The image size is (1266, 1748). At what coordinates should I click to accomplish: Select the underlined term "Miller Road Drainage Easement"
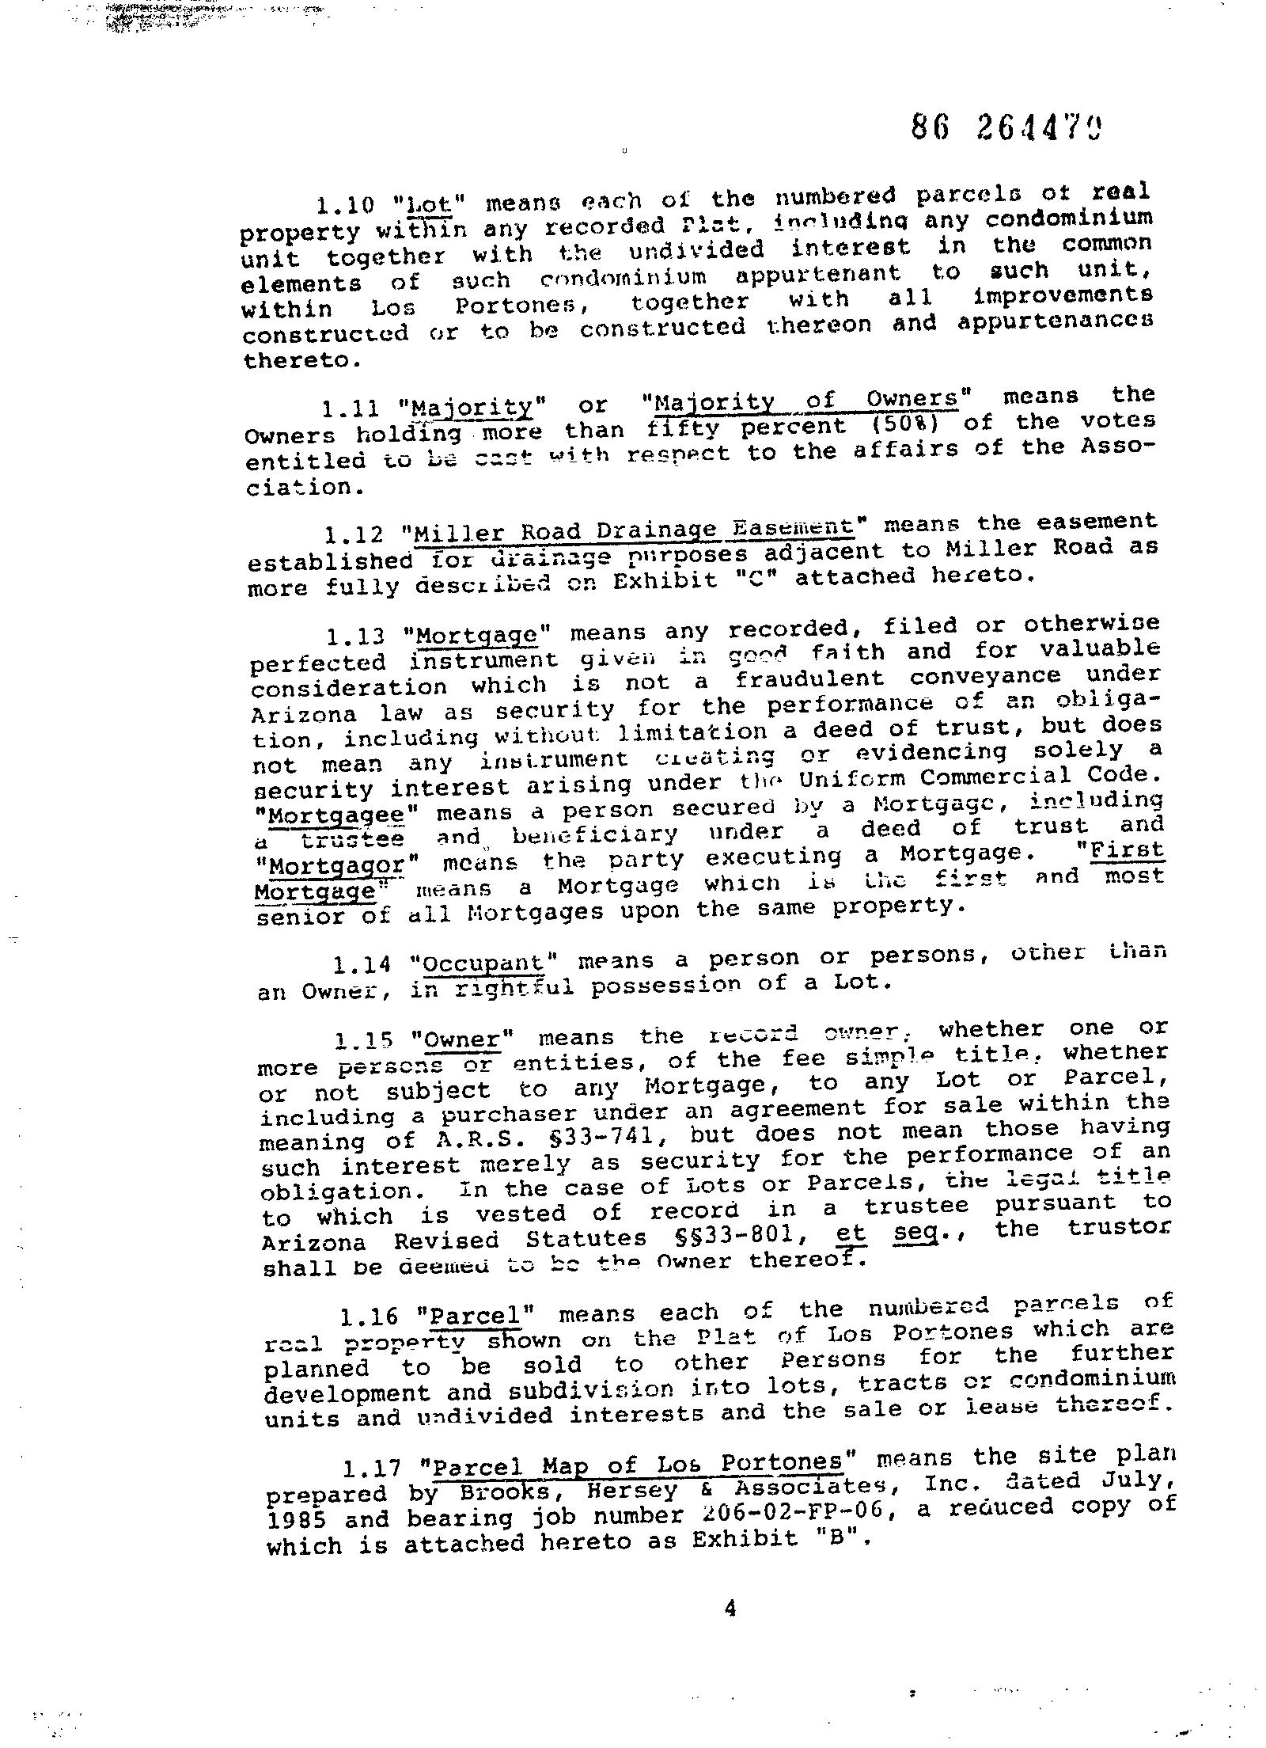pyautogui.click(x=634, y=529)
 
